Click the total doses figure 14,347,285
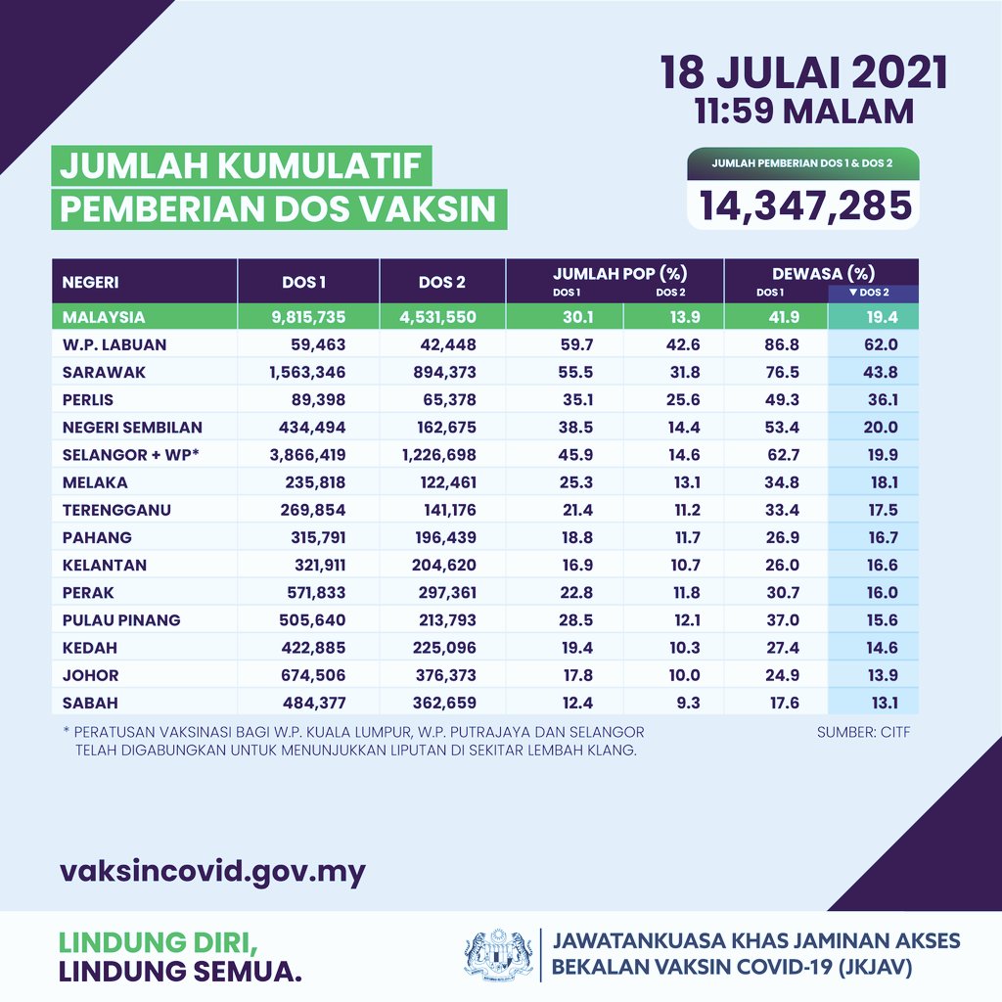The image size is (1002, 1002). [x=804, y=205]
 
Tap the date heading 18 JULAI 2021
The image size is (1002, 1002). [x=803, y=74]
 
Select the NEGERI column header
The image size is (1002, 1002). [x=91, y=283]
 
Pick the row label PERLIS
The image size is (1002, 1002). [x=88, y=399]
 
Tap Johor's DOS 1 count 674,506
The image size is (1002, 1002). [x=319, y=674]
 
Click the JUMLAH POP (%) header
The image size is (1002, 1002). [x=615, y=274]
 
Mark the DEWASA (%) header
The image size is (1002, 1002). [x=822, y=274]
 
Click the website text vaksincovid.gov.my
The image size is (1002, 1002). [x=213, y=871]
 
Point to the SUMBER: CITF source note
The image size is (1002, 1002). [x=863, y=731]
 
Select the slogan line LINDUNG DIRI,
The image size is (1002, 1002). [x=159, y=941]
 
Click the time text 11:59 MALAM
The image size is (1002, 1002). [x=803, y=112]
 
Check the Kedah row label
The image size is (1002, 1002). [x=85, y=647]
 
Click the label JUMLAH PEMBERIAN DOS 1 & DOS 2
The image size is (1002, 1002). [x=802, y=162]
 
